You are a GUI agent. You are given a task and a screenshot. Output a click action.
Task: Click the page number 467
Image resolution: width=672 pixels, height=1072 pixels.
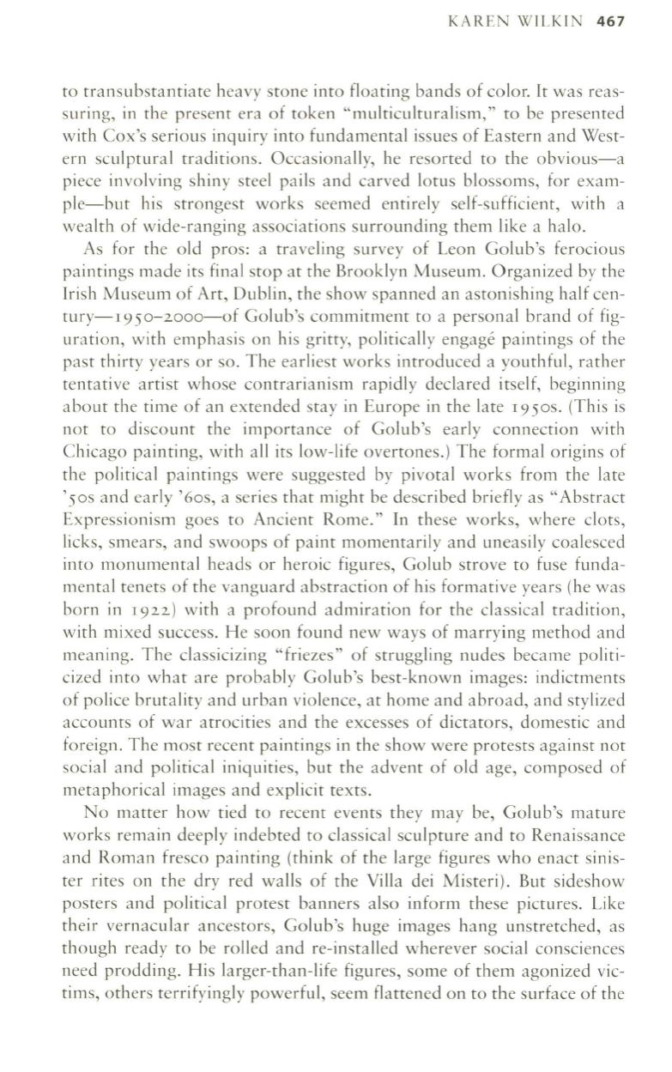click(x=609, y=21)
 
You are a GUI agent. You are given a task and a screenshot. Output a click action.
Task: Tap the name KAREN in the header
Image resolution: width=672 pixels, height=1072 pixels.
click(x=474, y=21)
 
